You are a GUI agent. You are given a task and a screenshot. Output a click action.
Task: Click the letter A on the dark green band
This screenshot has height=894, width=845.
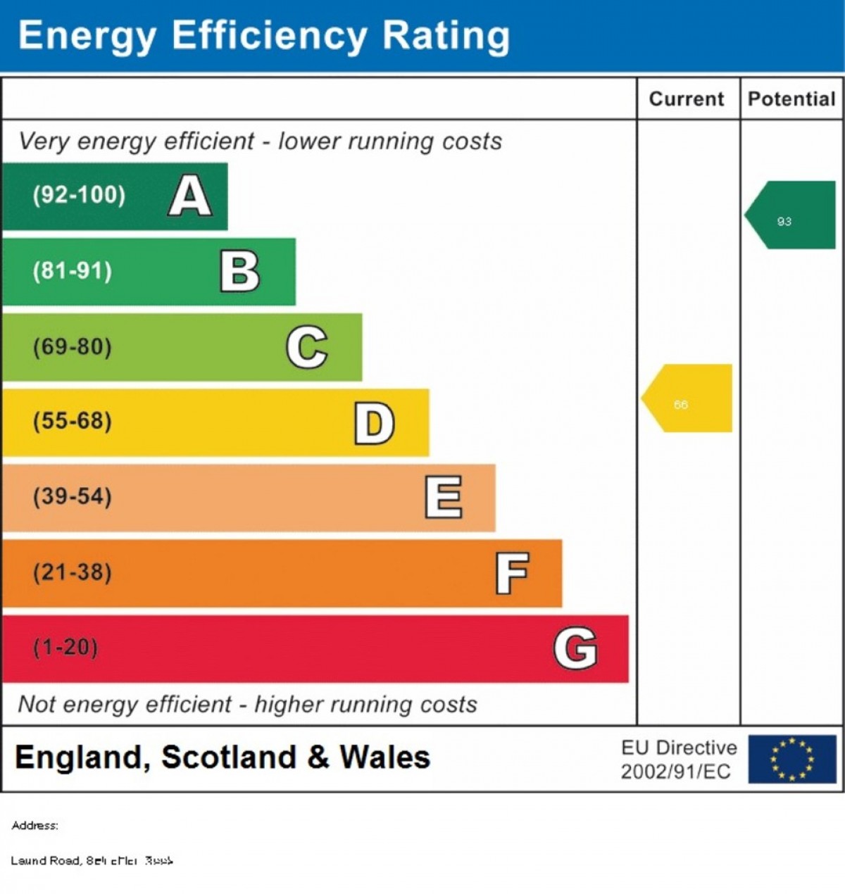click(190, 196)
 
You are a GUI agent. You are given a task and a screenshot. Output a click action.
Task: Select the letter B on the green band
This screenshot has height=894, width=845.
click(240, 271)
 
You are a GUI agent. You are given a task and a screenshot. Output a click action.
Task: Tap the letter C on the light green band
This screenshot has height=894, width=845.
click(307, 347)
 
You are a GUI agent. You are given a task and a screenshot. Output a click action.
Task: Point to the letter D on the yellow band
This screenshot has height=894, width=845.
click(374, 423)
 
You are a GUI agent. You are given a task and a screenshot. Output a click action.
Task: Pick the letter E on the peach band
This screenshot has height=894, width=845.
click(444, 497)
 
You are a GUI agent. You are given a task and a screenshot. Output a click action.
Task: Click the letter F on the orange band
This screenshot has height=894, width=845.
click(512, 573)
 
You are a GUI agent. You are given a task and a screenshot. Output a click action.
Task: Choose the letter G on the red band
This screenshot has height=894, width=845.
click(575, 648)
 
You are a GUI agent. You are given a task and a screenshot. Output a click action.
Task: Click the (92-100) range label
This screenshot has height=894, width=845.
click(79, 195)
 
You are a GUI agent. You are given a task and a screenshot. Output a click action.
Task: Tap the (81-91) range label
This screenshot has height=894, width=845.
click(73, 271)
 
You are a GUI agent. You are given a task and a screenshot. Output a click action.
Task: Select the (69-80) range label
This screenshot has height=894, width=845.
click(73, 347)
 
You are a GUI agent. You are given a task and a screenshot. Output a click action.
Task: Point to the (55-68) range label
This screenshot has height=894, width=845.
click(73, 422)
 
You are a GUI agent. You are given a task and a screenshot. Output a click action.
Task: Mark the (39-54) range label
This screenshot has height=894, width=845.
click(73, 497)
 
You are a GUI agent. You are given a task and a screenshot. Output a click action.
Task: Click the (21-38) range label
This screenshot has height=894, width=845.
click(73, 572)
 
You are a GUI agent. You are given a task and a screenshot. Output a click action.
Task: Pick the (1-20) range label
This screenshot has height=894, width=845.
click(65, 648)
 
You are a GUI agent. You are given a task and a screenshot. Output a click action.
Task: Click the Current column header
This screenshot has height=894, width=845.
click(687, 99)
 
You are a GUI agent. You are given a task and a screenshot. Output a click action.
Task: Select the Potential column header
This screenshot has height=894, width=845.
click(791, 99)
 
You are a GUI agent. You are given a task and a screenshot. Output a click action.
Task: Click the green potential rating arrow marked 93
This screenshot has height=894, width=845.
click(791, 215)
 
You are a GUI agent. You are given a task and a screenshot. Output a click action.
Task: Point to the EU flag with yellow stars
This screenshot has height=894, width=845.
click(792, 760)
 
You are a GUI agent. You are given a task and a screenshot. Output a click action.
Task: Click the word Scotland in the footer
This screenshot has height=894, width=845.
click(229, 758)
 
